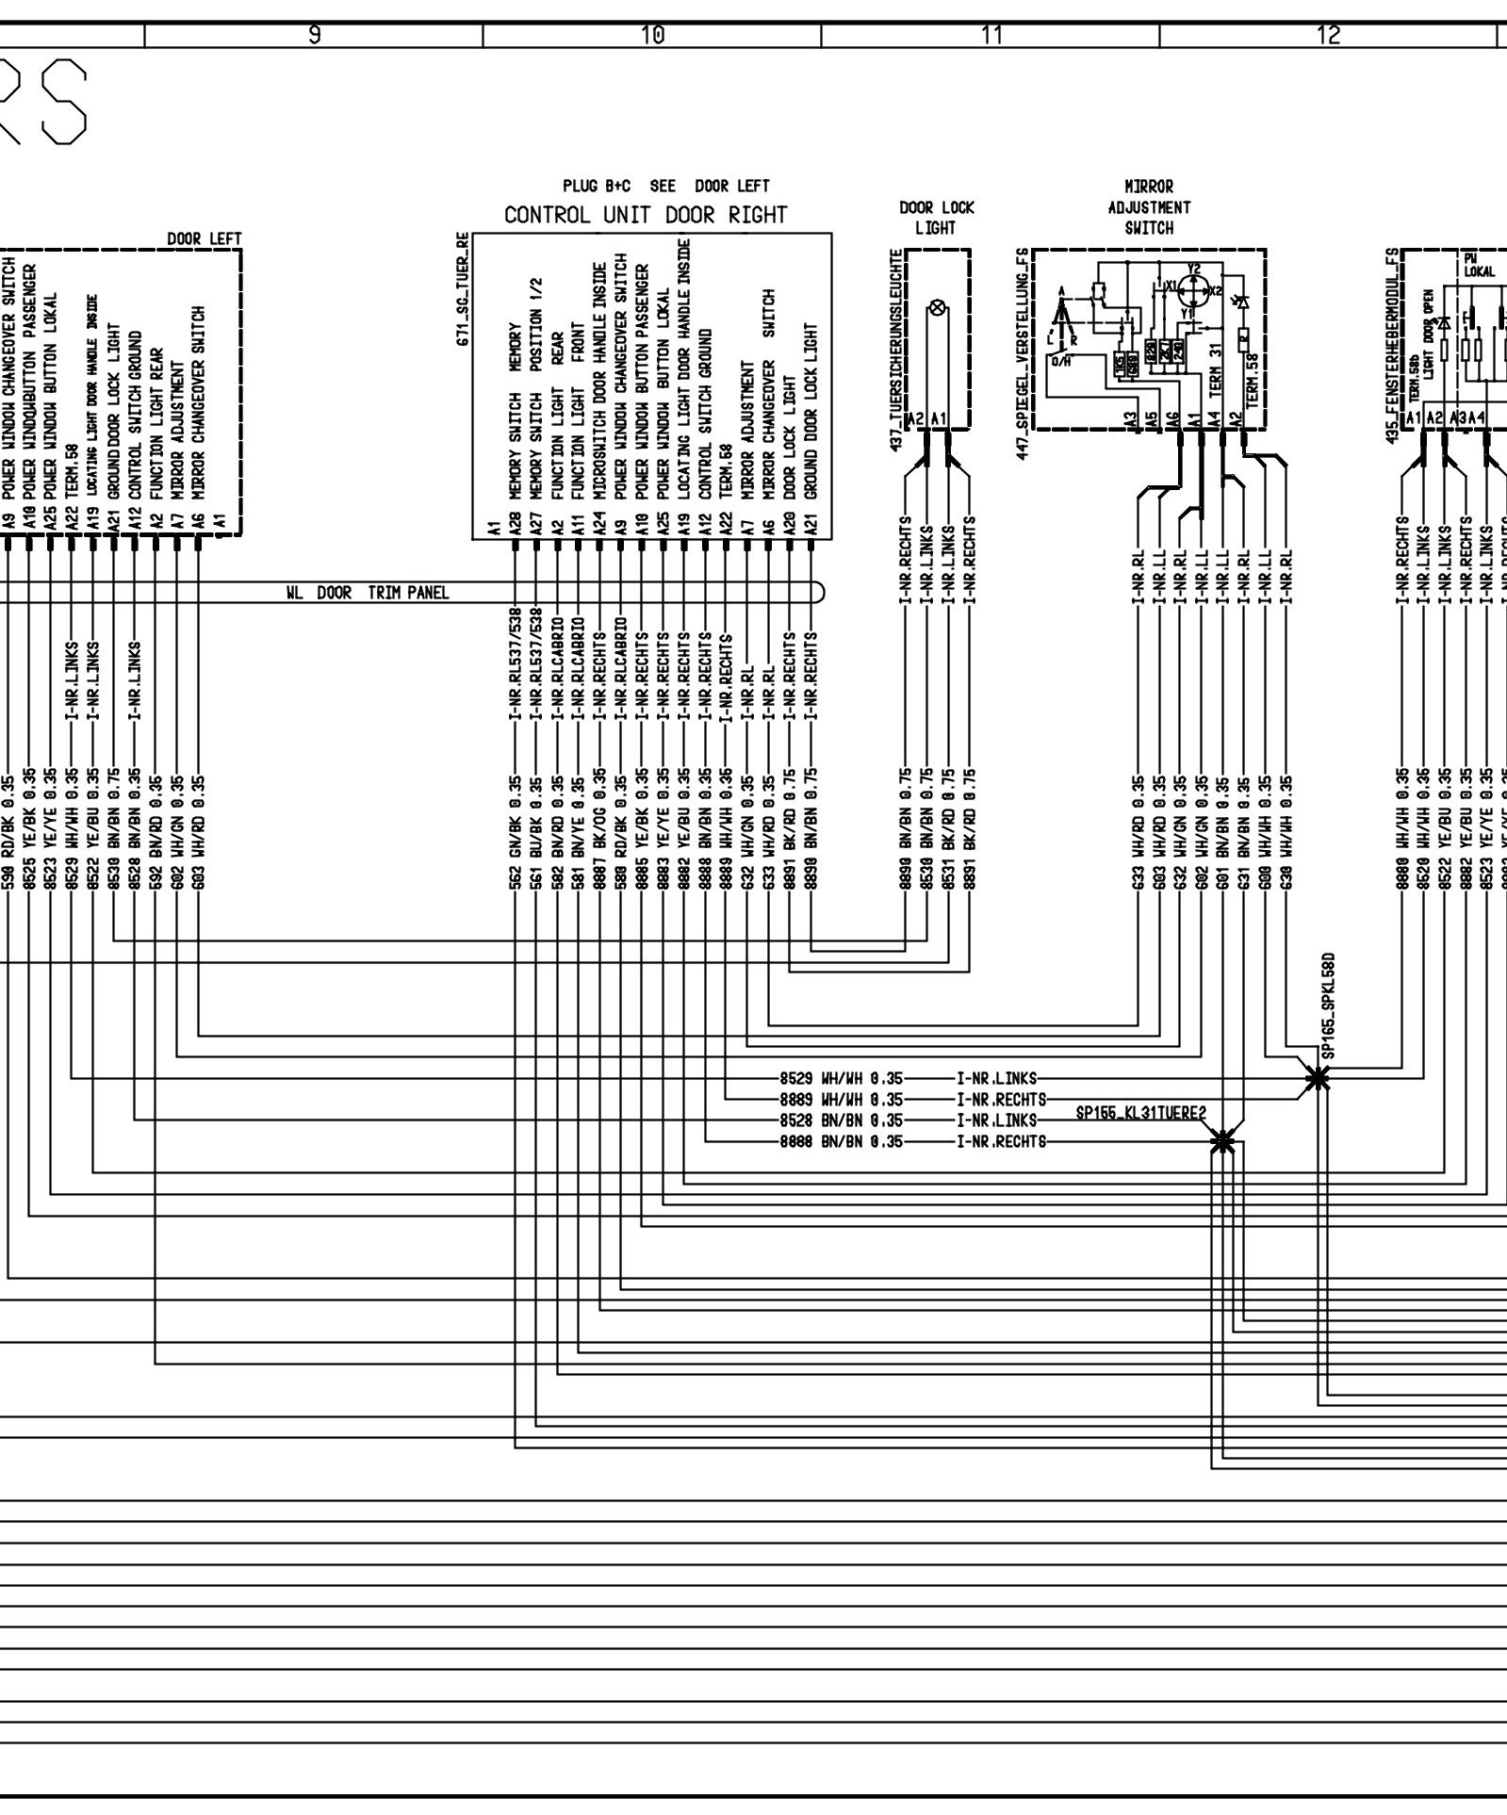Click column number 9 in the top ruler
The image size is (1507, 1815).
coord(315,36)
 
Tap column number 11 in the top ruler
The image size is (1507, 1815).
coord(991,36)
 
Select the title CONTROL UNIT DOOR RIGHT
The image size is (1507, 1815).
coord(645,215)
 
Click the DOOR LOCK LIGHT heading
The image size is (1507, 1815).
coord(936,217)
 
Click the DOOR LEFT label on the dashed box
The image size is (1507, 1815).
coord(205,239)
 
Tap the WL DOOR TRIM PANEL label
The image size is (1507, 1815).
coord(367,593)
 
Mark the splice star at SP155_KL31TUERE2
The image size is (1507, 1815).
coord(1222,1141)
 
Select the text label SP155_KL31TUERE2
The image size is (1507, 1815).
coord(1140,1114)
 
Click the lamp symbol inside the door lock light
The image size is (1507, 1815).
coord(938,307)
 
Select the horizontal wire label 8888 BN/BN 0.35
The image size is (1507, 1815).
coord(841,1141)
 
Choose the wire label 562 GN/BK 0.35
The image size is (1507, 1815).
coord(515,832)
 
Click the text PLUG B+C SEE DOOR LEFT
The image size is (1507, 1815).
coord(666,186)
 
